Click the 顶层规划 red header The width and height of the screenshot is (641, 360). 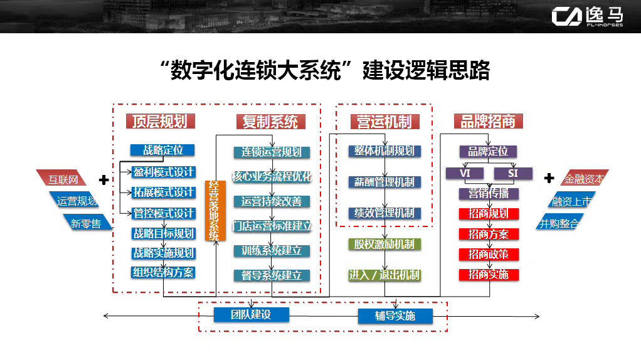pos(161,122)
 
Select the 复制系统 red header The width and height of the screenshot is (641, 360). pos(270,122)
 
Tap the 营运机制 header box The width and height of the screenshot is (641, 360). pos(384,122)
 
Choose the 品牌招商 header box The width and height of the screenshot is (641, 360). pos(488,122)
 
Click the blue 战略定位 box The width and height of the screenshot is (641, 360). pos(162,151)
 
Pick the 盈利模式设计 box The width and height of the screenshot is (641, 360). pos(163,172)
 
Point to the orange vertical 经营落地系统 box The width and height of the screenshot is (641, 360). pos(215,211)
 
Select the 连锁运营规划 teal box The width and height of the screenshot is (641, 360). pos(272,152)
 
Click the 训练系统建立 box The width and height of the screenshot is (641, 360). pos(272,250)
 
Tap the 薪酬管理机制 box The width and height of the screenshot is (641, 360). pos(384,182)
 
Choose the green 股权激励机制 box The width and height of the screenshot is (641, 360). pos(384,245)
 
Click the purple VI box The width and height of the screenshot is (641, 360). pos(465,173)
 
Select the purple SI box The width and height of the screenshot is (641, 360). pos(513,173)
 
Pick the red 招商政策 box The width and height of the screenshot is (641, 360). pos(489,254)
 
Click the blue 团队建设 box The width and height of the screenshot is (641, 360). pos(251,315)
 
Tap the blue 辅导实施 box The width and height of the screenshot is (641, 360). pos(395,316)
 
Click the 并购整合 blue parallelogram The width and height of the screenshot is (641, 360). pos(559,222)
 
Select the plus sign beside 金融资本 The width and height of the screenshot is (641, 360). pos(549,177)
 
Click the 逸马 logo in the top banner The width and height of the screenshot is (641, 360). pos(588,17)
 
